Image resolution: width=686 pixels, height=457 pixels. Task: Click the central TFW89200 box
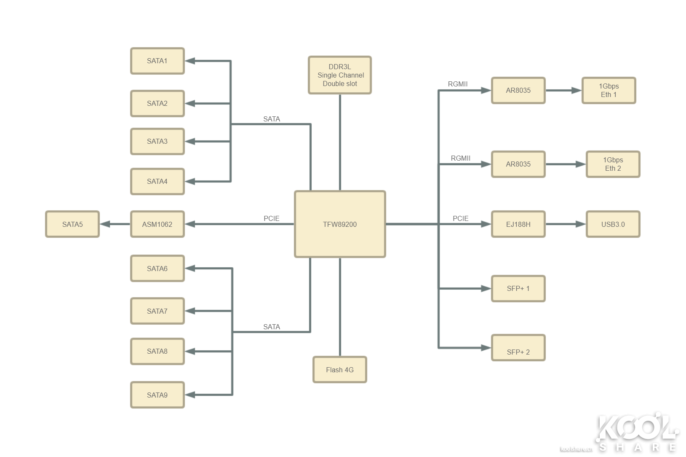[x=340, y=224]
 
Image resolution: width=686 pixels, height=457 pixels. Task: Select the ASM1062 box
[x=157, y=224]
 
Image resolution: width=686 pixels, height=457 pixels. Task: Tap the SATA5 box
[x=72, y=224]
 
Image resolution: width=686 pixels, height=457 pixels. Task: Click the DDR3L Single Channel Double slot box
[x=339, y=75]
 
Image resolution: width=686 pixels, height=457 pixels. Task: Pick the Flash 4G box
[x=339, y=370]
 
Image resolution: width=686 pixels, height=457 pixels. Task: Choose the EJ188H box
[x=518, y=224]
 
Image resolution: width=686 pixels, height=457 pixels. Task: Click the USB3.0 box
[x=613, y=224]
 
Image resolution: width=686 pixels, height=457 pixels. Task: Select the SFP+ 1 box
[x=518, y=288]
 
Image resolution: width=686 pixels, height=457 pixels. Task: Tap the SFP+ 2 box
[x=518, y=348]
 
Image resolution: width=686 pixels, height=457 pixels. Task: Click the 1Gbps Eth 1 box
[x=609, y=90]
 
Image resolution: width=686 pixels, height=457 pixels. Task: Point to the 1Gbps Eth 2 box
[x=613, y=164]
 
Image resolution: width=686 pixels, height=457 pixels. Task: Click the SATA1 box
[x=157, y=61]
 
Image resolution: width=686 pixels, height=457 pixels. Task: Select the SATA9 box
[x=157, y=395]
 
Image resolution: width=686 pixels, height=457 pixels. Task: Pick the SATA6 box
[x=157, y=268]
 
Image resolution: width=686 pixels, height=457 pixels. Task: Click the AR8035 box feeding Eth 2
[x=518, y=164]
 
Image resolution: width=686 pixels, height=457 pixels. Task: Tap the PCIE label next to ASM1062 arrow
[x=271, y=218]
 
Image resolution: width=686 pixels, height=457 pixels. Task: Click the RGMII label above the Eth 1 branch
[x=458, y=84]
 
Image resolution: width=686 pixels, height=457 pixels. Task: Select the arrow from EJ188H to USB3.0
[x=566, y=224]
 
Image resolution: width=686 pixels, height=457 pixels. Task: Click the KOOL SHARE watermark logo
[x=637, y=432]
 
